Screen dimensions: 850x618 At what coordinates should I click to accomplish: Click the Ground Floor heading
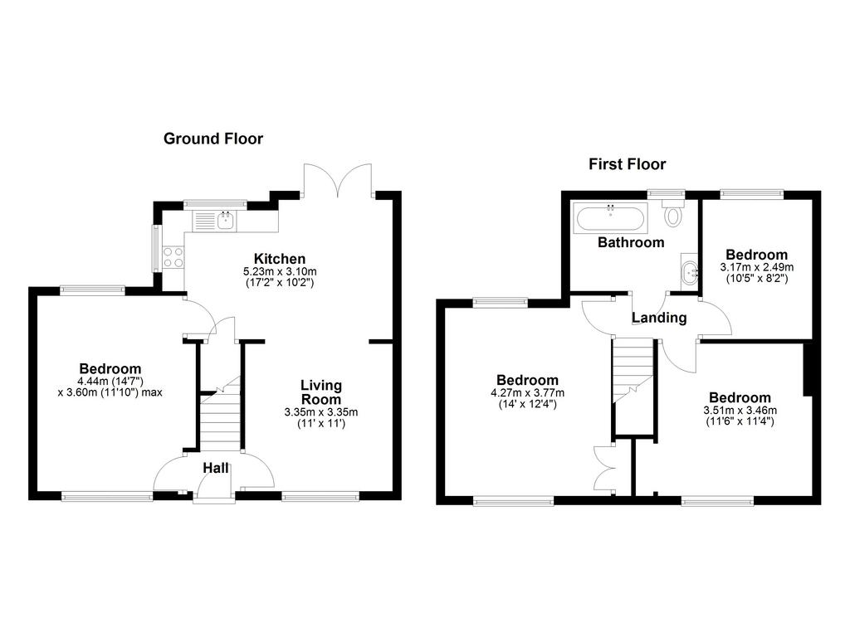[213, 139]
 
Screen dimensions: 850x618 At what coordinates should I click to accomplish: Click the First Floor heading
[628, 163]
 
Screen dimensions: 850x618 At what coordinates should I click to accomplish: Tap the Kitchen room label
[280, 258]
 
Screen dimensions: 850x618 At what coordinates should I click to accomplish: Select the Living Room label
[321, 392]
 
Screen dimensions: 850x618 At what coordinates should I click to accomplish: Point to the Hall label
[216, 467]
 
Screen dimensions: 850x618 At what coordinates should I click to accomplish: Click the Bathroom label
[631, 242]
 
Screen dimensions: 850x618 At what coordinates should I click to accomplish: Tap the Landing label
[659, 318]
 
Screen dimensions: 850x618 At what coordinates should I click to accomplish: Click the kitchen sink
[213, 221]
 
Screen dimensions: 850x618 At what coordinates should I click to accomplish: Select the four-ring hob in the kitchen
[173, 257]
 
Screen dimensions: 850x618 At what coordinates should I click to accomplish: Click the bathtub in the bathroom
[610, 218]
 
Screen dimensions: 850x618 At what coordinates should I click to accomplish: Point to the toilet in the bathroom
[672, 213]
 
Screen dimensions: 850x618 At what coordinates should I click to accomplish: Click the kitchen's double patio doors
[339, 180]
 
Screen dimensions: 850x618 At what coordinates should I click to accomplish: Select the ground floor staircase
[220, 413]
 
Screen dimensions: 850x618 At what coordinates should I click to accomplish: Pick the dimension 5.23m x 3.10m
[280, 271]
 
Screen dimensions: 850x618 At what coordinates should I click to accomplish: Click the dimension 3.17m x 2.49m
[757, 267]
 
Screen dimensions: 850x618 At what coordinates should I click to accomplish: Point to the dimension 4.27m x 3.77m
[527, 392]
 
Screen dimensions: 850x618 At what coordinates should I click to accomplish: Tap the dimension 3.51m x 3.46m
[740, 411]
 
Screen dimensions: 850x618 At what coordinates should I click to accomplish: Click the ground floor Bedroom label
[110, 369]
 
